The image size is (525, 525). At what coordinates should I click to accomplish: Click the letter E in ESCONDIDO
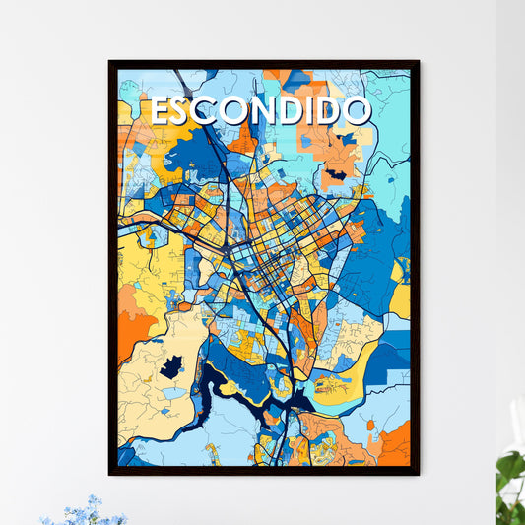[x=161, y=111]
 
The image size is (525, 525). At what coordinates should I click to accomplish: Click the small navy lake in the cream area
[x=171, y=367]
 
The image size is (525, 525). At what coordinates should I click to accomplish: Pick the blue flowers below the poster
[x=84, y=512]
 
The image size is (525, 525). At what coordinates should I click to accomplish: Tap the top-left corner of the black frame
[x=110, y=62]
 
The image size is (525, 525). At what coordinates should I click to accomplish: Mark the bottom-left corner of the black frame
[x=110, y=474]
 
